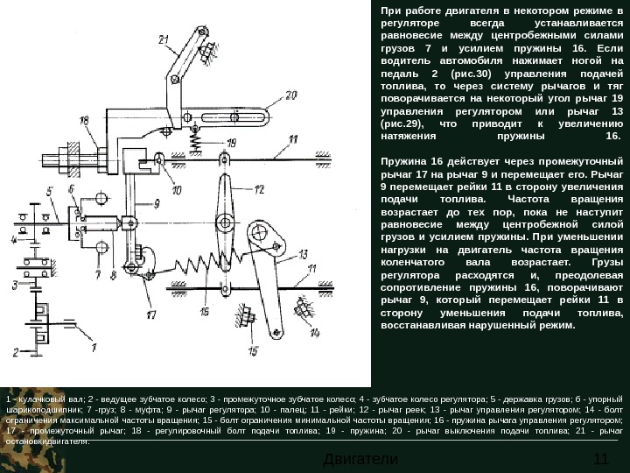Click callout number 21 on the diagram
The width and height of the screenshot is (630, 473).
164,39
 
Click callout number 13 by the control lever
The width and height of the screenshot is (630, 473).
303,254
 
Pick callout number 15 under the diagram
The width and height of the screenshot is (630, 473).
255,351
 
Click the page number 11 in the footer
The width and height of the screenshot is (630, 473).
600,460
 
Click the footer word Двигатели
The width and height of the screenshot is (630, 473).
360,460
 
